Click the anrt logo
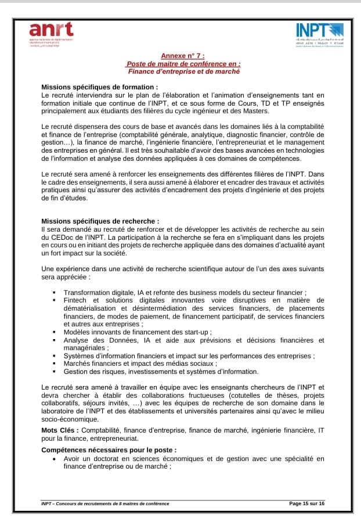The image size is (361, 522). (x=52, y=32)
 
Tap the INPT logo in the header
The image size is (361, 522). (x=320, y=33)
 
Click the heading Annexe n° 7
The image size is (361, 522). (x=183, y=57)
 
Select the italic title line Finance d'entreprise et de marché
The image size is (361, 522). (x=183, y=71)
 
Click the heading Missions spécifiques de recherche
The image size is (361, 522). (x=100, y=221)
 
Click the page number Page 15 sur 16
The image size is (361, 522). (x=306, y=503)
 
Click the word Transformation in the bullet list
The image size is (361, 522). (x=89, y=293)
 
